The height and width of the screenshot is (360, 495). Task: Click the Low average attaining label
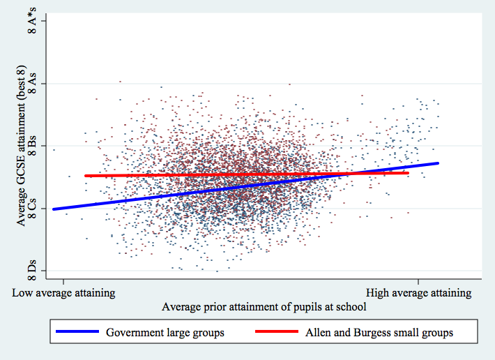click(x=63, y=293)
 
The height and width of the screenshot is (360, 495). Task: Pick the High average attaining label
click(x=418, y=293)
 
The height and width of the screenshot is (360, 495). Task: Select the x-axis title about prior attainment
click(x=264, y=307)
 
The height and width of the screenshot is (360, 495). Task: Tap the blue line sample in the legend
click(x=77, y=333)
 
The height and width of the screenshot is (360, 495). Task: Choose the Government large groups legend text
click(x=165, y=333)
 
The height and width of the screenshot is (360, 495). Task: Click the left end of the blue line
click(x=54, y=209)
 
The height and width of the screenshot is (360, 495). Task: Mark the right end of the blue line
click(x=438, y=163)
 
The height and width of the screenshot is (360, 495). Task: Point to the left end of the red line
click(x=86, y=176)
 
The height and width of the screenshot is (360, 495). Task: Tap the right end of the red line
click(x=408, y=173)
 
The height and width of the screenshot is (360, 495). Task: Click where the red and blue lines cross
click(x=353, y=174)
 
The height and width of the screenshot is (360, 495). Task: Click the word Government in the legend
click(x=135, y=333)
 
